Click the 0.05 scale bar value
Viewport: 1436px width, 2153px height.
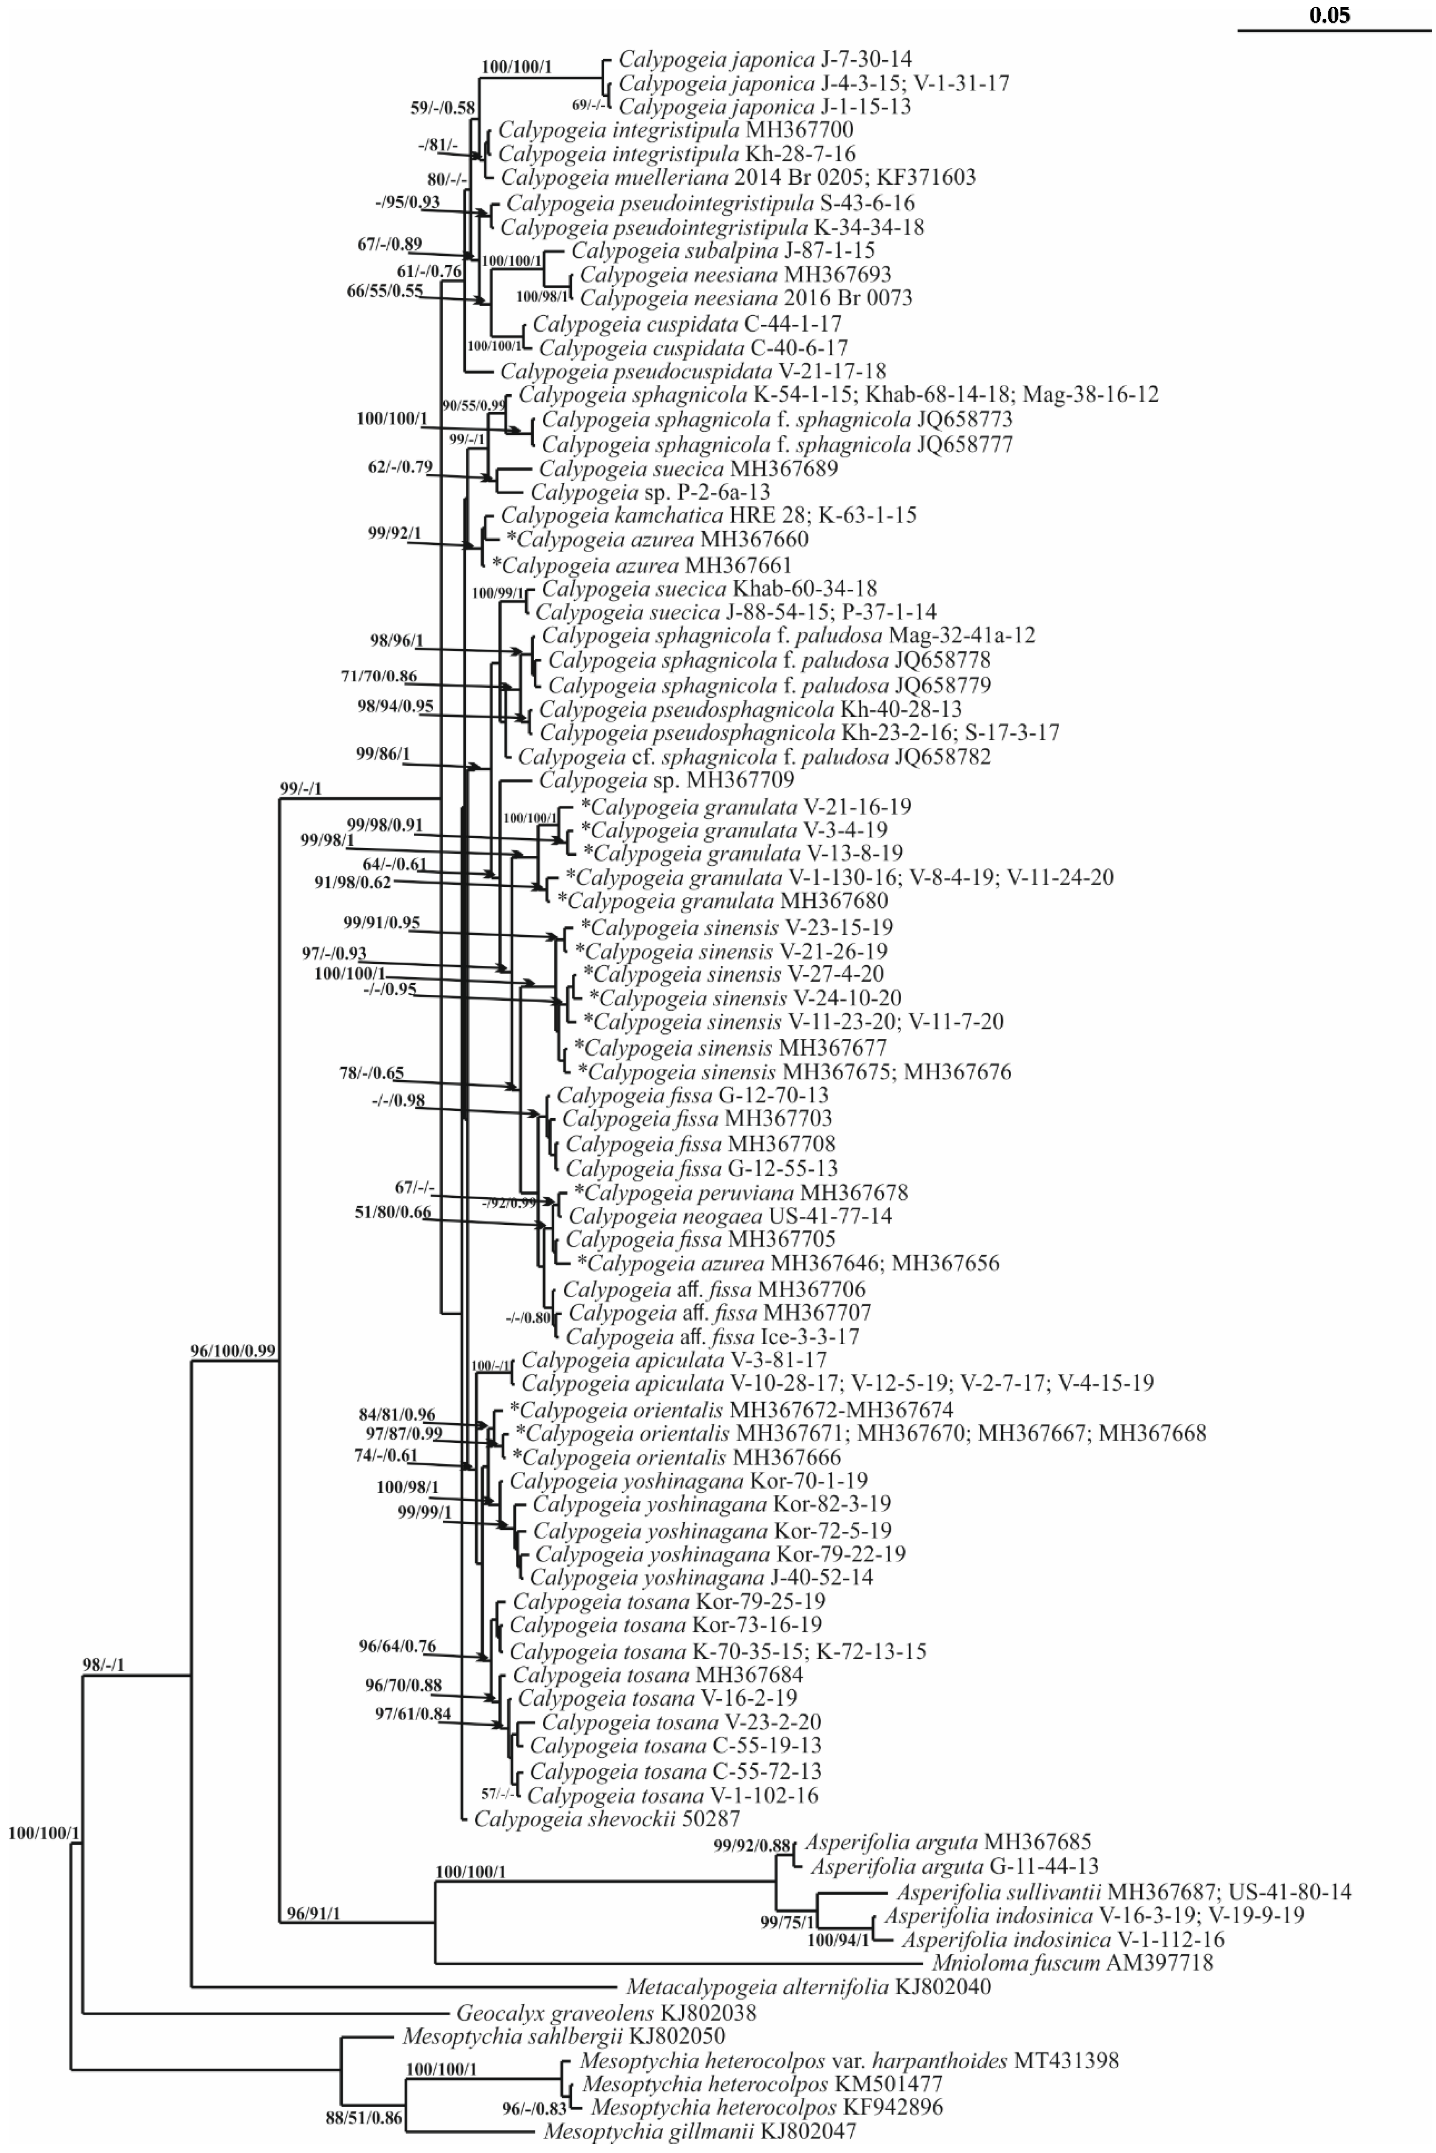coord(1330,15)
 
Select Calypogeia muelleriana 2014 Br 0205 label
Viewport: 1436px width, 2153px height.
coord(738,177)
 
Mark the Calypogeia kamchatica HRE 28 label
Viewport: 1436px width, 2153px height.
coord(708,515)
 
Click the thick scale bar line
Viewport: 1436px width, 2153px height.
coord(1333,30)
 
